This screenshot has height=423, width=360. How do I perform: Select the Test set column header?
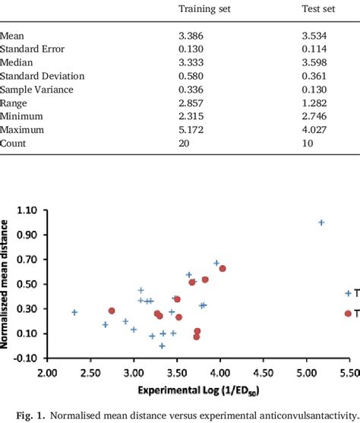pos(320,9)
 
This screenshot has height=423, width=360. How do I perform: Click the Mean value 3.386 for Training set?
pos(191,35)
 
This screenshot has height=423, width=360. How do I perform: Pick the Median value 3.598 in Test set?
pos(316,62)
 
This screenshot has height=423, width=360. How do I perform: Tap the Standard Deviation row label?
pos(43,76)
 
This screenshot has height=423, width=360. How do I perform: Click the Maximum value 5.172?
pos(191,131)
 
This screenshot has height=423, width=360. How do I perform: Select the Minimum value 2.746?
pos(316,117)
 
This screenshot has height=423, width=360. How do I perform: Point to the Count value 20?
pos(184,144)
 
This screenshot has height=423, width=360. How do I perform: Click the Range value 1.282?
pos(316,103)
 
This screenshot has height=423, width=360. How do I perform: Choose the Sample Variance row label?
pos(36,90)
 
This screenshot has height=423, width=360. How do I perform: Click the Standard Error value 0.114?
pos(316,49)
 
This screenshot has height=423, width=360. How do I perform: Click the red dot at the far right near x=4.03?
pos(223,268)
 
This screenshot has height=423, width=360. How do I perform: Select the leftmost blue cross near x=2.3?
pos(74,312)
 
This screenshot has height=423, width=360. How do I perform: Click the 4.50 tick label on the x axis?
pos(264,373)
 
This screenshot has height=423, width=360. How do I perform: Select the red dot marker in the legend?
pos(349,313)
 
